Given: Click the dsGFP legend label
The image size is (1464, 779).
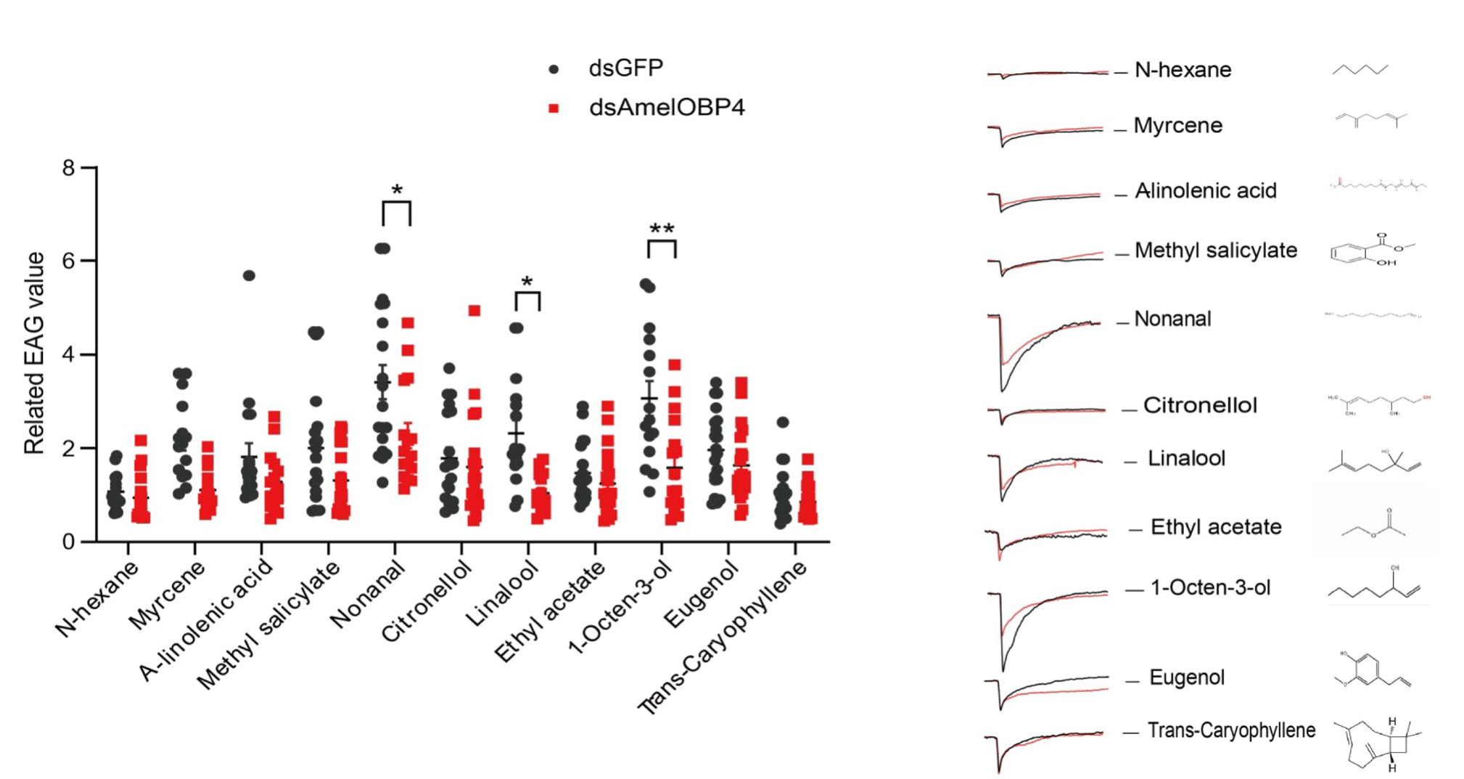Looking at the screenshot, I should coord(625,68).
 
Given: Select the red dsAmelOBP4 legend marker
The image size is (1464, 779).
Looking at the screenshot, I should coord(554,108).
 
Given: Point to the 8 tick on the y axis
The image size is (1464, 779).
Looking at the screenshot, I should coord(69,168).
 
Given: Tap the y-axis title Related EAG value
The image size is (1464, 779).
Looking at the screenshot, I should coord(34,354).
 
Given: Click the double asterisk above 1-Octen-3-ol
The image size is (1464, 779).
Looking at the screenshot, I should coord(662,229).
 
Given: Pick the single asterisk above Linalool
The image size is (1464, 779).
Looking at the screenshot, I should coord(527,282).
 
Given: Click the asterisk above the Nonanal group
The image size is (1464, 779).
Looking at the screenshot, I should coord(397,191).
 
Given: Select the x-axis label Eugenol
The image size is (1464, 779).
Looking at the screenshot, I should coord(701,595).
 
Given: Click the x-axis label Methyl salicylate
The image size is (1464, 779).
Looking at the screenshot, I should coord(268,624).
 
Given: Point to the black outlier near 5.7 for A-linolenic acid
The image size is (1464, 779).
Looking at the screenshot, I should coord(249,275).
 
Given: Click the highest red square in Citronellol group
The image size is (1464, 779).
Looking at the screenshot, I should coord(474,311).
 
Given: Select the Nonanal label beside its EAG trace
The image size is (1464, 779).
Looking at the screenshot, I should coord(1172,319).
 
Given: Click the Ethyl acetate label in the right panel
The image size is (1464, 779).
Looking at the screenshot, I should coord(1216,527).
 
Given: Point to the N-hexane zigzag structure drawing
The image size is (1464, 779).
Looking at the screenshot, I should coord(1360,70).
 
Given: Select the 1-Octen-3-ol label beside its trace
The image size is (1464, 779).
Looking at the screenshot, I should coord(1210,588).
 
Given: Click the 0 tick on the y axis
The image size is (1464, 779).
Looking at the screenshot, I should coord(69,542).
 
